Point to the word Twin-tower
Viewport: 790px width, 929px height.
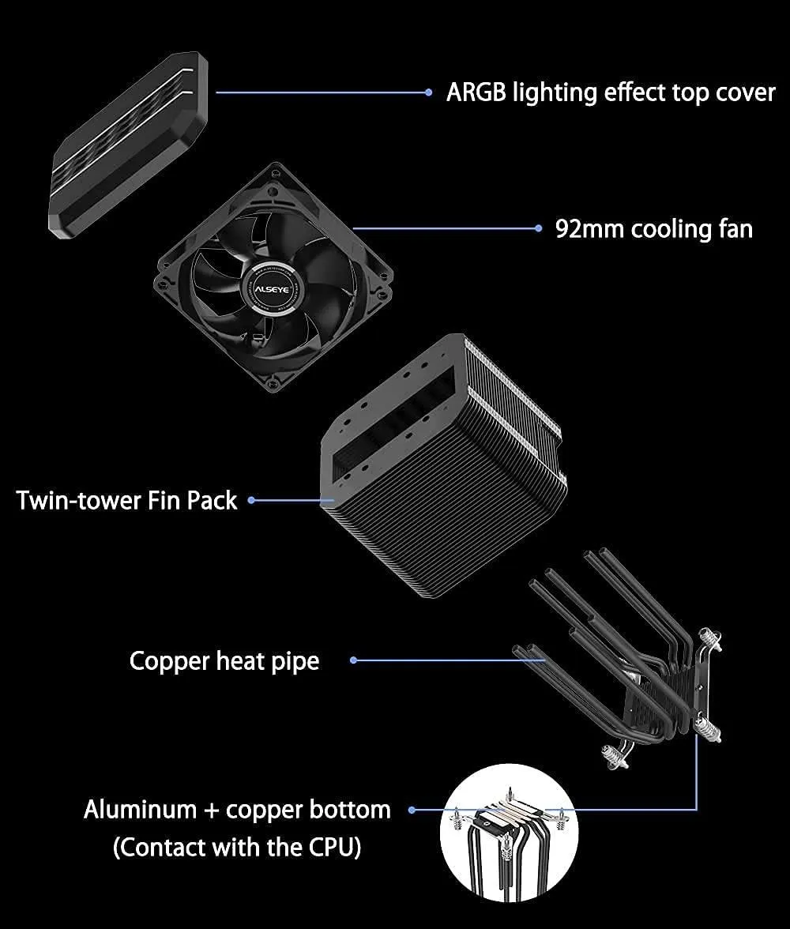pos(78,501)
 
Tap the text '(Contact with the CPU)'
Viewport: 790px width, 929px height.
pos(237,847)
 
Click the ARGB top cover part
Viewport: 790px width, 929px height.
pos(128,145)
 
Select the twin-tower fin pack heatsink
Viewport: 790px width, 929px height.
pos(443,466)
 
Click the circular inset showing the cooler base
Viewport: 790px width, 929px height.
pos(509,833)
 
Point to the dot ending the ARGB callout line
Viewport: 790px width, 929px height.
pos(428,92)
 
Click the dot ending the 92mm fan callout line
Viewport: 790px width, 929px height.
pos(538,228)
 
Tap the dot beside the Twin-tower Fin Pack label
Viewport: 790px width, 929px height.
pos(251,501)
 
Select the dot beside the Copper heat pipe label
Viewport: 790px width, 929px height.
pos(353,660)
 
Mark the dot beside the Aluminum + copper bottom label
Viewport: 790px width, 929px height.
pos(412,810)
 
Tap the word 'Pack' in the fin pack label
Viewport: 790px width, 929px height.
pos(213,501)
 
